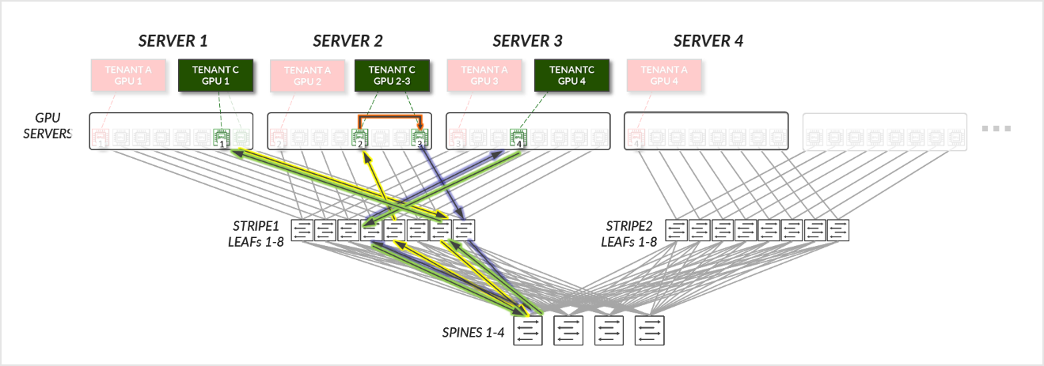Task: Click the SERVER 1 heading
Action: pos(173,41)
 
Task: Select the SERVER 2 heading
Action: pos(347,41)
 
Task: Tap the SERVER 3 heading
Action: pos(527,41)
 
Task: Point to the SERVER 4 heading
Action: pos(708,41)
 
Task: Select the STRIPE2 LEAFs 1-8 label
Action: pos(631,233)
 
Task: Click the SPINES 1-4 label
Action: pos(473,331)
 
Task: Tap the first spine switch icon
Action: pos(529,331)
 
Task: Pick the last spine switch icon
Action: pos(648,331)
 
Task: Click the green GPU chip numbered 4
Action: pos(518,139)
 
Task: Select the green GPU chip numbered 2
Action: pos(360,139)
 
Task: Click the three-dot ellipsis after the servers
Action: pos(997,129)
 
